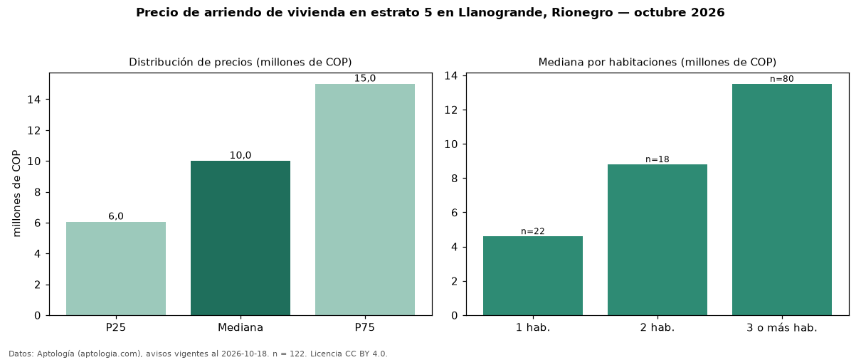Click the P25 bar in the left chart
[116, 268]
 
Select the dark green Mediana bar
[241, 238]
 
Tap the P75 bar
[365, 200]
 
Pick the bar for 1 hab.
[533, 276]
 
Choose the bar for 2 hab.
[657, 240]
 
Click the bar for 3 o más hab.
[782, 200]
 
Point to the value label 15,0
[365, 78]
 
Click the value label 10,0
[241, 155]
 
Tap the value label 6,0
[116, 216]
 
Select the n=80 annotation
[782, 79]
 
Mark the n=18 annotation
[657, 159]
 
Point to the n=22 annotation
[533, 231]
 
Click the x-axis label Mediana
[241, 327]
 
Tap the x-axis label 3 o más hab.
[782, 328]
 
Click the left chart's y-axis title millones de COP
[16, 194]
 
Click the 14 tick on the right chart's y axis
[451, 75]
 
